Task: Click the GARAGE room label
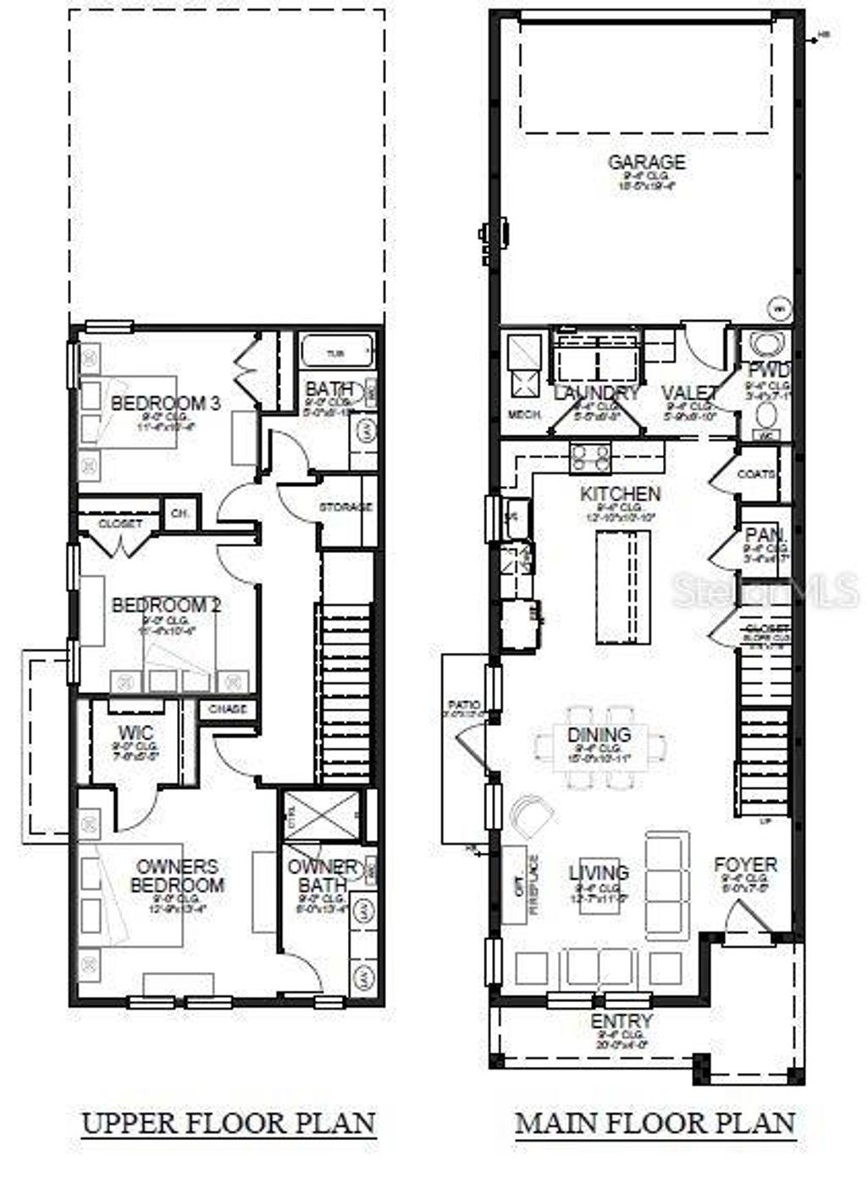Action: coord(647,162)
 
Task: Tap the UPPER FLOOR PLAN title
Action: coord(229,1123)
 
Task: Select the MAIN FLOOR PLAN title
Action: coord(655,1123)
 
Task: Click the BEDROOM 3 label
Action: coord(166,402)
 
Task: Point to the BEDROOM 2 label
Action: coord(166,606)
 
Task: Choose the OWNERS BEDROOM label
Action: coord(177,877)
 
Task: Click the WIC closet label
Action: coord(136,731)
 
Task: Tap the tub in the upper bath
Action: coord(337,351)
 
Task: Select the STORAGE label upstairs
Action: coord(345,507)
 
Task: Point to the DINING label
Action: coord(599,734)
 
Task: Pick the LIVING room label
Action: coord(599,871)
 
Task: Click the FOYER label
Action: coord(745,865)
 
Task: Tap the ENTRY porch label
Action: coord(621,1021)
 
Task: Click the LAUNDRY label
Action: coord(597,392)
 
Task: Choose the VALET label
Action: coord(690,393)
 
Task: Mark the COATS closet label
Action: coord(756,474)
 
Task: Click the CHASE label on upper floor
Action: coord(227,709)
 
